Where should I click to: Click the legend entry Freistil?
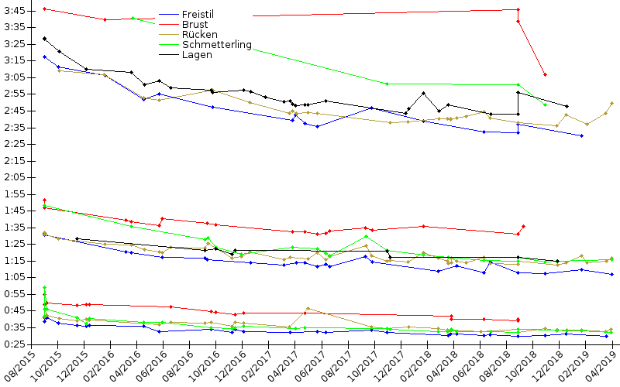(x=199, y=15)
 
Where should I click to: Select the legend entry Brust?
(x=195, y=25)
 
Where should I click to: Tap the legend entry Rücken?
(x=199, y=35)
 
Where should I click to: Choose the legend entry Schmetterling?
(x=216, y=45)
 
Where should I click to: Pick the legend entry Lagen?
(x=196, y=55)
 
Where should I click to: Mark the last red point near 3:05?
(x=546, y=74)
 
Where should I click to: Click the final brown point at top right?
(x=612, y=103)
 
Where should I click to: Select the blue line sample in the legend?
(x=169, y=15)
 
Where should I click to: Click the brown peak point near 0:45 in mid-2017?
(x=308, y=308)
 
